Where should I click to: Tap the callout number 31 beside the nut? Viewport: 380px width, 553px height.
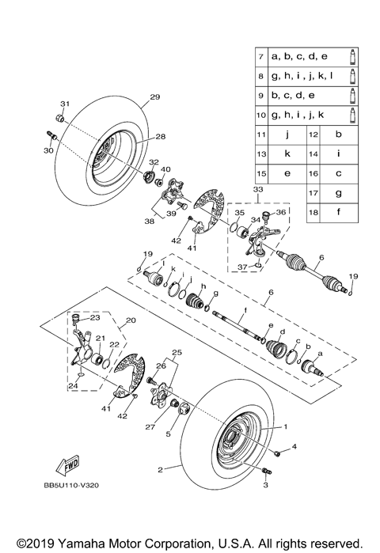click(65, 104)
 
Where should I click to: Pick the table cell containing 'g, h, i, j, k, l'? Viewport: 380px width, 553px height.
click(304, 78)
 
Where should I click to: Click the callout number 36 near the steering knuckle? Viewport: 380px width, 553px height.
click(280, 214)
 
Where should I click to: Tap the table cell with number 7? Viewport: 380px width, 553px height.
click(260, 58)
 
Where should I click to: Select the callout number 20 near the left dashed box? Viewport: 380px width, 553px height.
click(131, 321)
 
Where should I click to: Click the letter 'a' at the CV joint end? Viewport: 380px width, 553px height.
click(321, 353)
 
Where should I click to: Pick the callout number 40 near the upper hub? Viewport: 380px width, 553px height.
click(165, 169)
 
